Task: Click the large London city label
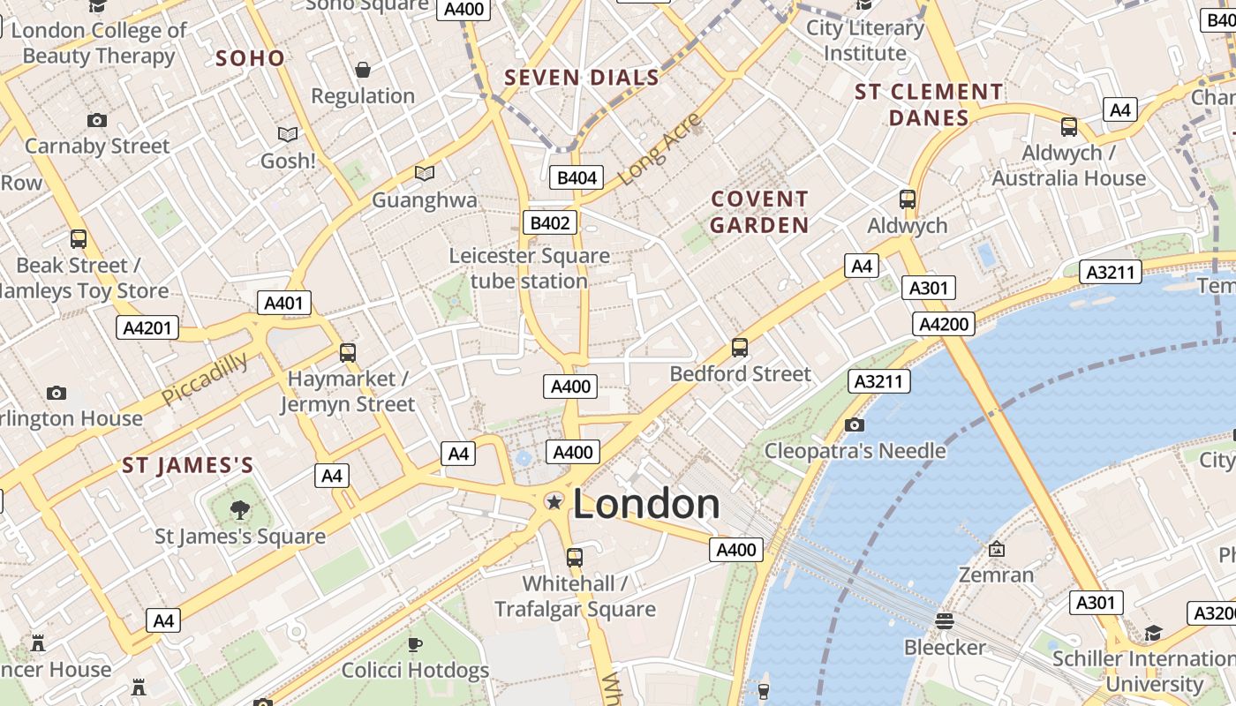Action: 646,504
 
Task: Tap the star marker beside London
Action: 554,502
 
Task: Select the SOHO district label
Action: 251,58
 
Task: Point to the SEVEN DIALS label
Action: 582,78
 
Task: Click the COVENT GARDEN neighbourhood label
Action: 759,212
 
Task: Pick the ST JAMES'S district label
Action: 188,465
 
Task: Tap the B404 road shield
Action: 577,177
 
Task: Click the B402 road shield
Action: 549,223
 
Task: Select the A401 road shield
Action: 284,304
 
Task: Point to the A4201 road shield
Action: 147,328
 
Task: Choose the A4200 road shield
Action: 944,324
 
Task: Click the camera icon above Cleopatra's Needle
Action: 854,425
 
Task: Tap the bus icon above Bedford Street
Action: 740,348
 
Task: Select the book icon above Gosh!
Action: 288,134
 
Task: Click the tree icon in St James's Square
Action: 239,509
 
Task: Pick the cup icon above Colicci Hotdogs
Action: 415,645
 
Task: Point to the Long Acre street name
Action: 659,148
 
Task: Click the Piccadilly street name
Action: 205,379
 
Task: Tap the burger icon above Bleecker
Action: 945,621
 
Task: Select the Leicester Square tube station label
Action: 530,268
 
